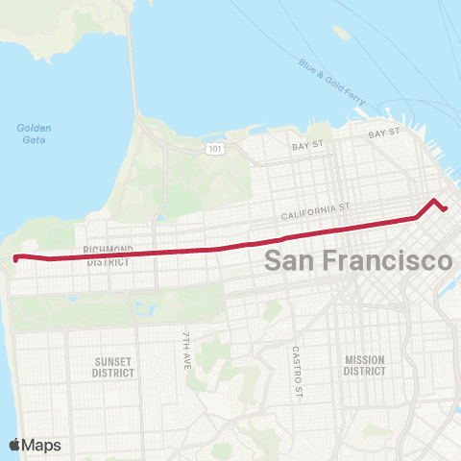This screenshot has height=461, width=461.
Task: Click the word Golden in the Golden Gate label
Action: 35,128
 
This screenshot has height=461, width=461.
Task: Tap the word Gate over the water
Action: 35,139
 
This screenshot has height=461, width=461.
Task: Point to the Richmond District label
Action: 109,255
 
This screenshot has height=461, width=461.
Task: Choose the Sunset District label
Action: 112,367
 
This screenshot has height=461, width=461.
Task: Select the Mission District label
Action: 365,365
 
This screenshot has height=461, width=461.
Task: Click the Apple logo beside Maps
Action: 15,445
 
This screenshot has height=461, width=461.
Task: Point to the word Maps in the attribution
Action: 42,445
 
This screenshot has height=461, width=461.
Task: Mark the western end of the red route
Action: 15,257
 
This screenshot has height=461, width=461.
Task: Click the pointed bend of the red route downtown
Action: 435,201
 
